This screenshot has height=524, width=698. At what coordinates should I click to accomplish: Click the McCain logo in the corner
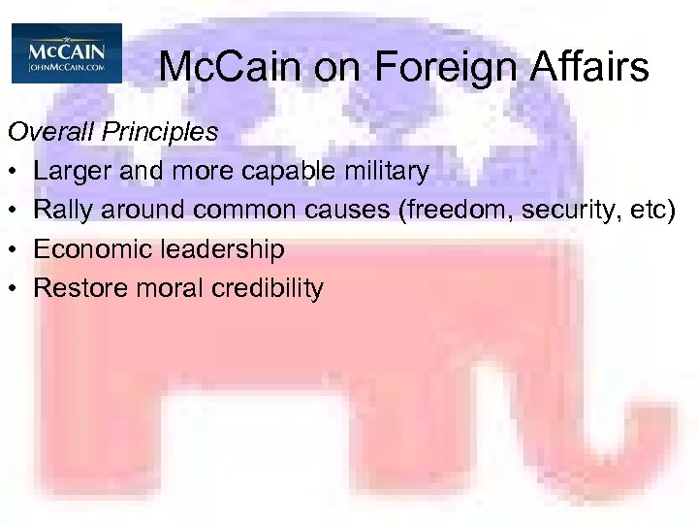67,53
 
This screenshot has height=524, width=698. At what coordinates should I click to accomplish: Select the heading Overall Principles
112,132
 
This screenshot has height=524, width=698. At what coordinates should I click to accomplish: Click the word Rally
63,211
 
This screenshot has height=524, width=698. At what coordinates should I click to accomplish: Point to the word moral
158,288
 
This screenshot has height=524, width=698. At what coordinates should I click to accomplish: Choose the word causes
340,211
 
